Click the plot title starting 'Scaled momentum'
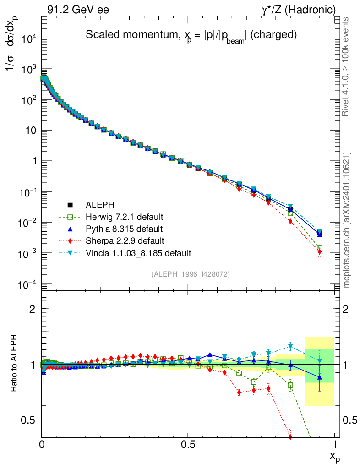click(x=192, y=34)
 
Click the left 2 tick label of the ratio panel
click(x=32, y=309)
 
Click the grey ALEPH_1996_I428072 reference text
click(x=190, y=274)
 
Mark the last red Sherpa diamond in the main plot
click(x=319, y=251)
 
